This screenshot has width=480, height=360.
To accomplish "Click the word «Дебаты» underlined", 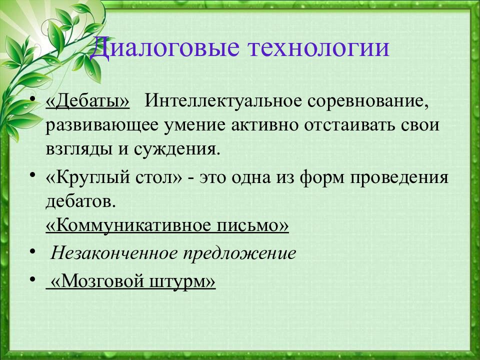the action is [x=87, y=100].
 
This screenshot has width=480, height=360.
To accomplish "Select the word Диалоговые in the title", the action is [x=164, y=48].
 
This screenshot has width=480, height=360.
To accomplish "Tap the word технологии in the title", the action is [x=318, y=48].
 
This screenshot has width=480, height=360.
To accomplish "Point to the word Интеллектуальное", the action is [x=223, y=100].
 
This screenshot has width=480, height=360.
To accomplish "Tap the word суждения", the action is [x=177, y=150].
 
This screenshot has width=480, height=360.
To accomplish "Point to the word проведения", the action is [x=399, y=178].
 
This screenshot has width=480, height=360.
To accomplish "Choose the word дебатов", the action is [x=80, y=201].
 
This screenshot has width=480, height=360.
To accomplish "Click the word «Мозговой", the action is [x=97, y=281].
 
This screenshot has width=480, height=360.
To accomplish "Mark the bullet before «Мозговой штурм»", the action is [x=33, y=279].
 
